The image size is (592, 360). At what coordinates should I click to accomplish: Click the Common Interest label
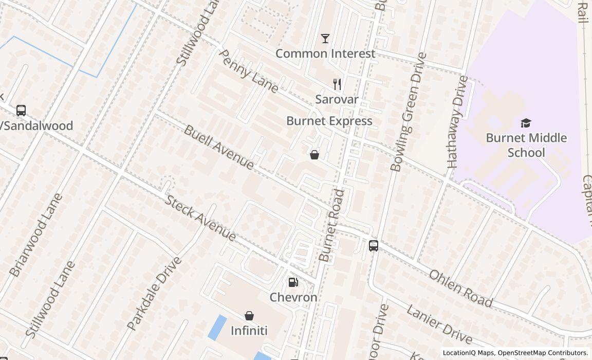(x=325, y=53)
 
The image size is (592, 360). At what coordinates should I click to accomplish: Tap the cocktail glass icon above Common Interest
(x=325, y=39)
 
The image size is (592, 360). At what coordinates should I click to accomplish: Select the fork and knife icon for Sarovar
(x=337, y=84)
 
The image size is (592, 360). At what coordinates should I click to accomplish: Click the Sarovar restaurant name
(x=337, y=99)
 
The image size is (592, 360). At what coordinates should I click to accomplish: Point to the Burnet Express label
(x=329, y=121)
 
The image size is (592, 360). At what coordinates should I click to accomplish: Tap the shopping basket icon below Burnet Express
(x=314, y=155)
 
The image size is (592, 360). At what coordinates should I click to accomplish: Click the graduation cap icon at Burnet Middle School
(x=526, y=123)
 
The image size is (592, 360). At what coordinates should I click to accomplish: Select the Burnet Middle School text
(x=526, y=145)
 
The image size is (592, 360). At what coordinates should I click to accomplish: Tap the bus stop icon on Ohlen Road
(x=374, y=246)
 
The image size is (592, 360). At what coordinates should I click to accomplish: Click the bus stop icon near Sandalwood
(x=21, y=111)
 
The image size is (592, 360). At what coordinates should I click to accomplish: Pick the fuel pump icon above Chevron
(x=293, y=282)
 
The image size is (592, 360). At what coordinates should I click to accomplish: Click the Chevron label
(x=293, y=297)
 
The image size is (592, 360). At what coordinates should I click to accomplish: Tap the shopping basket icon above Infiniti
(x=249, y=315)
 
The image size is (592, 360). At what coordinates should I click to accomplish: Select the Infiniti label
(x=249, y=330)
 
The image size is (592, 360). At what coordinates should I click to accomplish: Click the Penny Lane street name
(x=249, y=71)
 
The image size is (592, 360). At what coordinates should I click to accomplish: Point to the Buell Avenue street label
(x=219, y=147)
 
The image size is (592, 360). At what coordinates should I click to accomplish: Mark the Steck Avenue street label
(x=200, y=218)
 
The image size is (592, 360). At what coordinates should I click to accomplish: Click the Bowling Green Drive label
(x=409, y=112)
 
